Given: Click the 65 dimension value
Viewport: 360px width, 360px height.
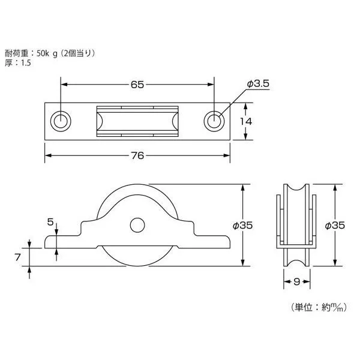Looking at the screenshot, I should point(137,85).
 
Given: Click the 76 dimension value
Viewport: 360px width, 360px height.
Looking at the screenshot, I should point(137,155).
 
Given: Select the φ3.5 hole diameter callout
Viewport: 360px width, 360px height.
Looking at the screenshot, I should point(257,85).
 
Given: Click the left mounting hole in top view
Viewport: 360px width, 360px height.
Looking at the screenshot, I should point(60,121).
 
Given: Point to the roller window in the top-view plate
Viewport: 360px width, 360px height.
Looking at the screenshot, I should point(137,121).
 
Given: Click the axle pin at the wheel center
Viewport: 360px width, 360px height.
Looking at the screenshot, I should point(137,226).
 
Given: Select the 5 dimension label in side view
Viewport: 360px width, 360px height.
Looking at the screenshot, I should point(50,221).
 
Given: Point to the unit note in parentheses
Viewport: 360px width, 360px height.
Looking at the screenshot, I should point(319,307).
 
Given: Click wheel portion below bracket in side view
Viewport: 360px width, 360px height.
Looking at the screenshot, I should point(137,257).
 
